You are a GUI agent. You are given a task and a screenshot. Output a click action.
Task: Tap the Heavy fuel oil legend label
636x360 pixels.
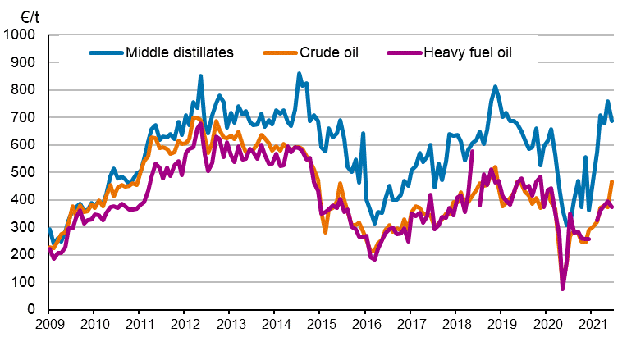click(469, 53)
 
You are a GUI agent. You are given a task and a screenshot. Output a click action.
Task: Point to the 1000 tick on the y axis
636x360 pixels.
click(23, 36)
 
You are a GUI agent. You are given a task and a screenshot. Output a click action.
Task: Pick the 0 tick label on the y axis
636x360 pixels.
click(35, 310)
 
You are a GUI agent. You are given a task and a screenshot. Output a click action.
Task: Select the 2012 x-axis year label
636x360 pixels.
click(183, 325)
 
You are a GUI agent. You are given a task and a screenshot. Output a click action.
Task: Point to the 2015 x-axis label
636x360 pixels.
click(318, 325)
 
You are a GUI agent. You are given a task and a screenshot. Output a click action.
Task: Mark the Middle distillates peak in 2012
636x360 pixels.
click(201, 76)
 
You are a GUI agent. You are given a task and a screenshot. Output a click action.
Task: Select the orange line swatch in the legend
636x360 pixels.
click(276, 53)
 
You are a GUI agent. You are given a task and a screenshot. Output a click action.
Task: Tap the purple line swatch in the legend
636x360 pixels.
click(403, 53)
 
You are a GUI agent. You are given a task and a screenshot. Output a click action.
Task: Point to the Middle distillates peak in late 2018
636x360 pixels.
click(496, 86)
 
